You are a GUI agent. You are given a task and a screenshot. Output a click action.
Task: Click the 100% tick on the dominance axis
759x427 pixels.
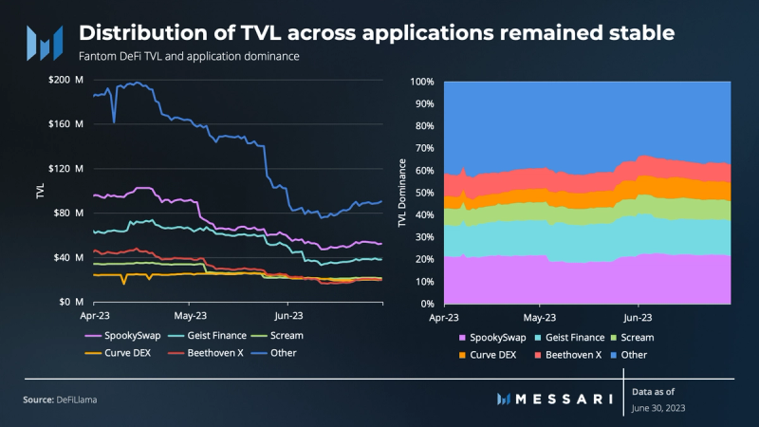click(420, 81)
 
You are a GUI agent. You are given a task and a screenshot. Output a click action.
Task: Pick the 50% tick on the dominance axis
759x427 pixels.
click(423, 193)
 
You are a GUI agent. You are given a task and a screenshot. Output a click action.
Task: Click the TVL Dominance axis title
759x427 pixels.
click(401, 194)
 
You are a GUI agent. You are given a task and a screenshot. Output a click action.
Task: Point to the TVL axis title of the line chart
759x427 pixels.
click(40, 191)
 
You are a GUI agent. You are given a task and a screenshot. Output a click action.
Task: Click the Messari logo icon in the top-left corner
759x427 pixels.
click(44, 42)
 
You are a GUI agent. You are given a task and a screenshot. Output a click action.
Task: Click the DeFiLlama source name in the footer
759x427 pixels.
click(75, 399)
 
